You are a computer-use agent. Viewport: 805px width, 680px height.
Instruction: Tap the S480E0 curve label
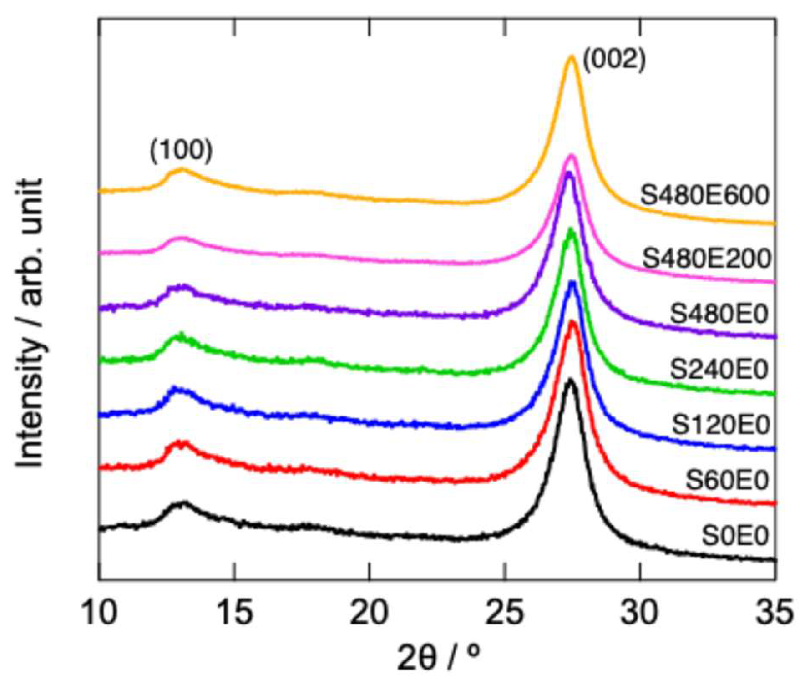pos(719,314)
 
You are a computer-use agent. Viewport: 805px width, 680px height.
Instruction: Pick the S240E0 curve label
pos(719,369)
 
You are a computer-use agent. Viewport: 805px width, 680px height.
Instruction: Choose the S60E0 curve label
pos(727,480)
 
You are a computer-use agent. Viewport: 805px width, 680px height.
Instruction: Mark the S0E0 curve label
pos(735,535)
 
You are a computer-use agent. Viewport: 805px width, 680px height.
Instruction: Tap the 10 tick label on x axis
pos(99,613)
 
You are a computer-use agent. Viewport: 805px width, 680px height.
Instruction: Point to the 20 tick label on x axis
pos(370,613)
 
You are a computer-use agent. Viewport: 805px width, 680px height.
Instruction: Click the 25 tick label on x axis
pos(505,613)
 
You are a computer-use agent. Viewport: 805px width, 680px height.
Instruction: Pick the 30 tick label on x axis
pos(640,613)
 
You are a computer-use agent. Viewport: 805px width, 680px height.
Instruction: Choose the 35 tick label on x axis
pos(775,613)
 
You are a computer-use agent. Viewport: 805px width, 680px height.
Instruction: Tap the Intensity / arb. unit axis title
pos(30,323)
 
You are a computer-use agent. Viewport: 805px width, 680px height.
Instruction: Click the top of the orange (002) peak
pos(571,56)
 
